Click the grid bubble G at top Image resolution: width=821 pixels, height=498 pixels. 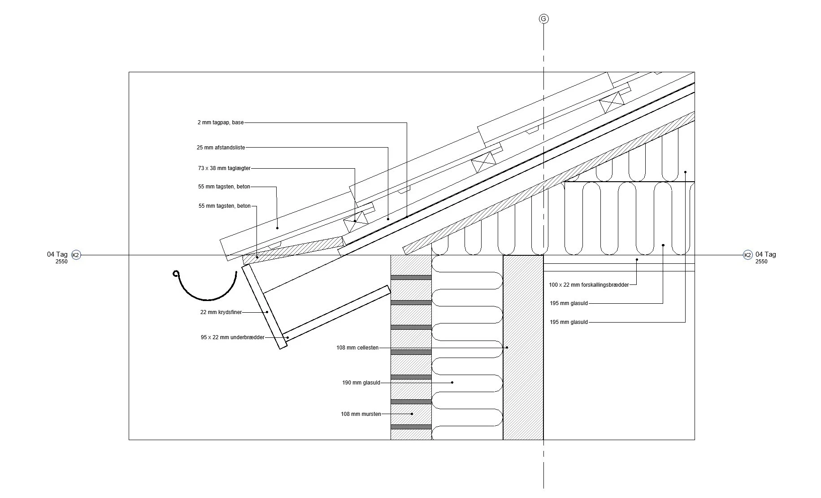click(543, 19)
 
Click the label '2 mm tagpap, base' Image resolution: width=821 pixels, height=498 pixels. click(221, 122)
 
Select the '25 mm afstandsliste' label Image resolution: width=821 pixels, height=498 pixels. click(221, 148)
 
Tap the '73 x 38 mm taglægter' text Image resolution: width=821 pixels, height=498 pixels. click(224, 168)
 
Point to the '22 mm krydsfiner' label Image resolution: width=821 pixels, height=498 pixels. click(221, 312)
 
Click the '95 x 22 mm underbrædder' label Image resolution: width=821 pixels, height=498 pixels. click(233, 337)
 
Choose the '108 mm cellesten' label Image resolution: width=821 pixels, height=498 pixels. click(357, 348)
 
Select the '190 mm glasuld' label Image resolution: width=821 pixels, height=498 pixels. click(361, 383)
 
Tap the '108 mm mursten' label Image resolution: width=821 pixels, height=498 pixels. click(361, 414)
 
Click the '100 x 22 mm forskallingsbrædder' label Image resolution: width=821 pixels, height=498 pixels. click(589, 285)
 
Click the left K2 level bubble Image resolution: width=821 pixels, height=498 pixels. click(76, 255)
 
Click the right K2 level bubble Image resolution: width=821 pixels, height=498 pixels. click(747, 255)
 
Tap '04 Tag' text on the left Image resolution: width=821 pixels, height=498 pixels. click(57, 254)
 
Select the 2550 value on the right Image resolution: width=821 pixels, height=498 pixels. click(761, 262)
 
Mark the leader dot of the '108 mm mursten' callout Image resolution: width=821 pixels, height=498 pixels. click(413, 414)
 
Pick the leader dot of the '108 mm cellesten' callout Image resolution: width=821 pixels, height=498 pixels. click(507, 348)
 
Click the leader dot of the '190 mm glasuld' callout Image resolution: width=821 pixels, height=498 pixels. click(452, 383)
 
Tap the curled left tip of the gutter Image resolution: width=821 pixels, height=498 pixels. click(176, 273)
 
